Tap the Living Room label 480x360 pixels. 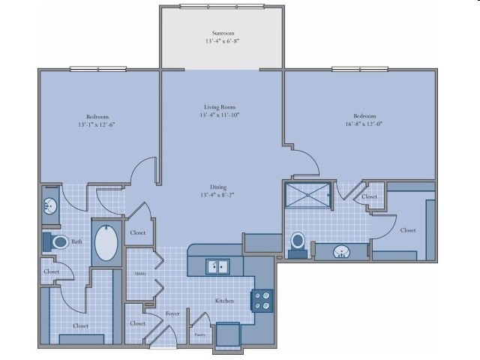pos(220,106)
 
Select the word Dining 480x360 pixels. pos(218,187)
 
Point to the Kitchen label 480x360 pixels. pos(225,301)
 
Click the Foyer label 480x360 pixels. pos(171,313)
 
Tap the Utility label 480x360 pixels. pos(139,274)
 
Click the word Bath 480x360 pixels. pos(76,241)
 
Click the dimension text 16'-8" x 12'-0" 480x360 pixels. pos(365,124)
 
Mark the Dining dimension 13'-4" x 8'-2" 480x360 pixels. pos(218,196)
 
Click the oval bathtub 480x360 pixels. pos(106,243)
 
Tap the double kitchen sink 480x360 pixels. pos(219,266)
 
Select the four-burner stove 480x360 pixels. pos(262,301)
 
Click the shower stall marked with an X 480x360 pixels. pos(308,195)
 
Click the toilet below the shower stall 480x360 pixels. pos(298,242)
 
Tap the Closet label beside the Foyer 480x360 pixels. pos(137,323)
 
